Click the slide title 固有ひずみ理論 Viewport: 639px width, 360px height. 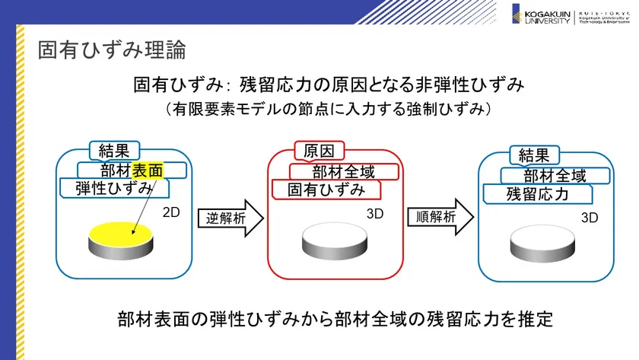[112, 51]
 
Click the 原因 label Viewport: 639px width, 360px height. [319, 150]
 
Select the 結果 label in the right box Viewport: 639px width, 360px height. [534, 155]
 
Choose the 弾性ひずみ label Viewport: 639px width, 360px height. [113, 188]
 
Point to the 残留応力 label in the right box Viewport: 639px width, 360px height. [537, 194]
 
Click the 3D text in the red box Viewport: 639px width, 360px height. [376, 214]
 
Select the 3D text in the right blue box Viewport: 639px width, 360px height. [590, 218]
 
